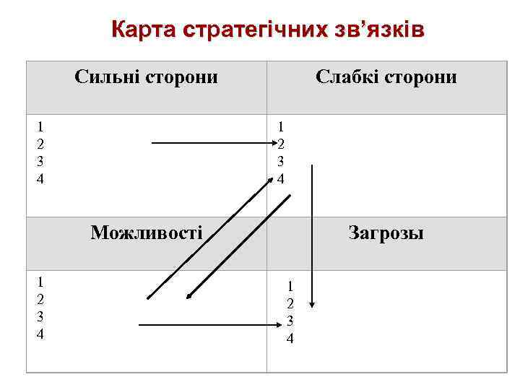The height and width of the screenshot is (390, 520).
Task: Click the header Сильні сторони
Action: pos(146,77)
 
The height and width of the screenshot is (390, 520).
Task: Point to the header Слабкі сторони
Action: pos(386,77)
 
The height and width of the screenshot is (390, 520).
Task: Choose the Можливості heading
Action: pos(146,233)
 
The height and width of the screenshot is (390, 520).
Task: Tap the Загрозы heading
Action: pos(386,233)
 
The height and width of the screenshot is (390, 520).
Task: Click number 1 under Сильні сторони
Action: pos(40,126)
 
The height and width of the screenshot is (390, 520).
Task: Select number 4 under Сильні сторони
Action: pos(40,178)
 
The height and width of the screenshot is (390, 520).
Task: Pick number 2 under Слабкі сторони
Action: pos(281,144)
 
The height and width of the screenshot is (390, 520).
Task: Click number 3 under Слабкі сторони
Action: pos(281,161)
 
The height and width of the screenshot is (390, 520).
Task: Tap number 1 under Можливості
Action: pos(40,282)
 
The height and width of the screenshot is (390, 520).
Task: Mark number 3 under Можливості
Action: pos(40,316)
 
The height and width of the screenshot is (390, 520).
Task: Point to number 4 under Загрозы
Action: pos(290,337)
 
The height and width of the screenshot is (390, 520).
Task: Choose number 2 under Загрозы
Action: pos(290,303)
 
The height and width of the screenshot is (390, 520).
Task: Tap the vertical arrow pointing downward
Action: pos(312,231)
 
